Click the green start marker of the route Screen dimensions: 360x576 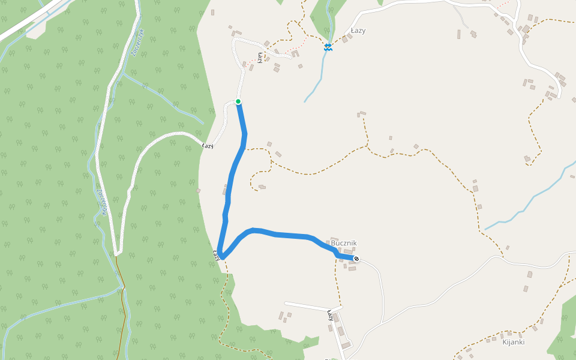238,101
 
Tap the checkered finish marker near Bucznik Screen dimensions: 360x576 356,259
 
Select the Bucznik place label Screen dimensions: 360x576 344,243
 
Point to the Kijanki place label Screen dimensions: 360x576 513,342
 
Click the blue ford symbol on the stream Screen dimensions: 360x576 328,47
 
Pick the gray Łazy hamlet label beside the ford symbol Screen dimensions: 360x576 358,31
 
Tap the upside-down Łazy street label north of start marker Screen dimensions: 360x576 260,57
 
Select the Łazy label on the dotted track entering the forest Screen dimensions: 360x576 208,146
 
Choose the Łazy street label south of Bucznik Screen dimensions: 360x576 330,315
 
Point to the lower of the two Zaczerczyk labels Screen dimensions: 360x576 101,202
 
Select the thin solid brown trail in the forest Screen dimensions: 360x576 125,312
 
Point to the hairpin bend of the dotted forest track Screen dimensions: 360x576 118,251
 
